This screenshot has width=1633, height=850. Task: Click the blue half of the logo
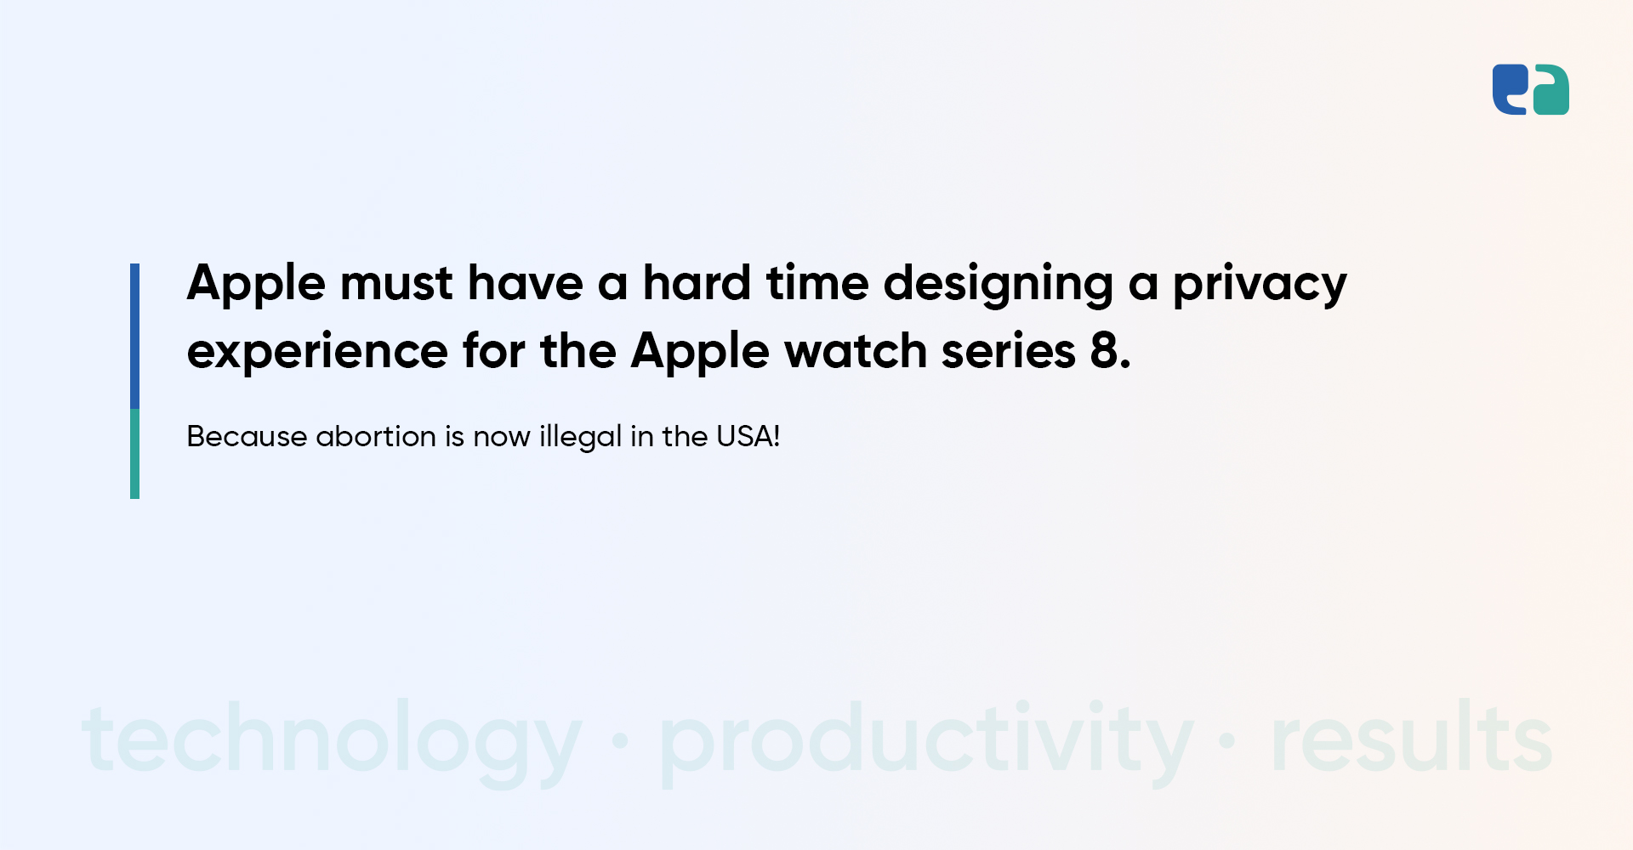(x=1509, y=88)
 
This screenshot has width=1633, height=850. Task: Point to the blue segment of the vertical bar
(x=134, y=336)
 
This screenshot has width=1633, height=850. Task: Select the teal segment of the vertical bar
(x=134, y=454)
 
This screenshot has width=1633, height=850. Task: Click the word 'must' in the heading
(x=396, y=283)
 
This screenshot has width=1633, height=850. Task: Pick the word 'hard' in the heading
(x=697, y=283)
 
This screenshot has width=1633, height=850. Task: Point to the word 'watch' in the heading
(x=856, y=351)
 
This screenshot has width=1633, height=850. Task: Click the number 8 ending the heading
(x=1105, y=351)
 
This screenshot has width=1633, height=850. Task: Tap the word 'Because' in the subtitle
(x=247, y=437)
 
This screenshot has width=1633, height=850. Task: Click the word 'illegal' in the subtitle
(x=580, y=438)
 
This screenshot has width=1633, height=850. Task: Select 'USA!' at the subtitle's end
(x=748, y=437)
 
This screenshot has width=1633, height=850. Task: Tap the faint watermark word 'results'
(x=1411, y=738)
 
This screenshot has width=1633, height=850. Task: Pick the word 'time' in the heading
(x=817, y=283)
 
